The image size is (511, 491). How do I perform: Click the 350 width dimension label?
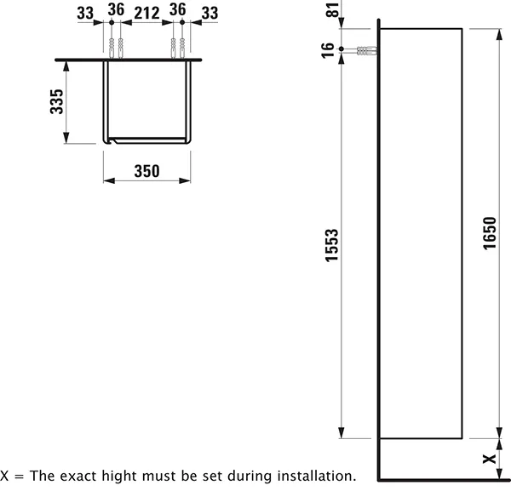point(146,171)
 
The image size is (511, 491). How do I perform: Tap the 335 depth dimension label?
point(56,101)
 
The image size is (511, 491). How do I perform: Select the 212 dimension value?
point(147,14)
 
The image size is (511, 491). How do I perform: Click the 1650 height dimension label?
point(490,233)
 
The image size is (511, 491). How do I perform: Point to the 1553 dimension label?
point(332,245)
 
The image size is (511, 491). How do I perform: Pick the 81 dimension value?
point(333,10)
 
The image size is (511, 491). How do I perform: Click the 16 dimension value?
point(328,50)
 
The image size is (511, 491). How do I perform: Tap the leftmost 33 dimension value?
point(85,14)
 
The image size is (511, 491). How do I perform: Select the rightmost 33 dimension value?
point(210,14)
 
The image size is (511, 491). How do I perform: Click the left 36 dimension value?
point(116,9)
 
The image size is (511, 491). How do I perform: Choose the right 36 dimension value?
point(178,9)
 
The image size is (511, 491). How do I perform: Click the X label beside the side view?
point(489,460)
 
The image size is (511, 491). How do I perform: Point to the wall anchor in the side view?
point(367,51)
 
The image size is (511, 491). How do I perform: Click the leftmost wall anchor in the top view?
point(112,49)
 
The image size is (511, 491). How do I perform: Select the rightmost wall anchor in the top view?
point(182,49)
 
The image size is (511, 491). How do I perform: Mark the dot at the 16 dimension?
point(342,49)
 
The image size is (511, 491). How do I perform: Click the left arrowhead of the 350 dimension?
point(109,180)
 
